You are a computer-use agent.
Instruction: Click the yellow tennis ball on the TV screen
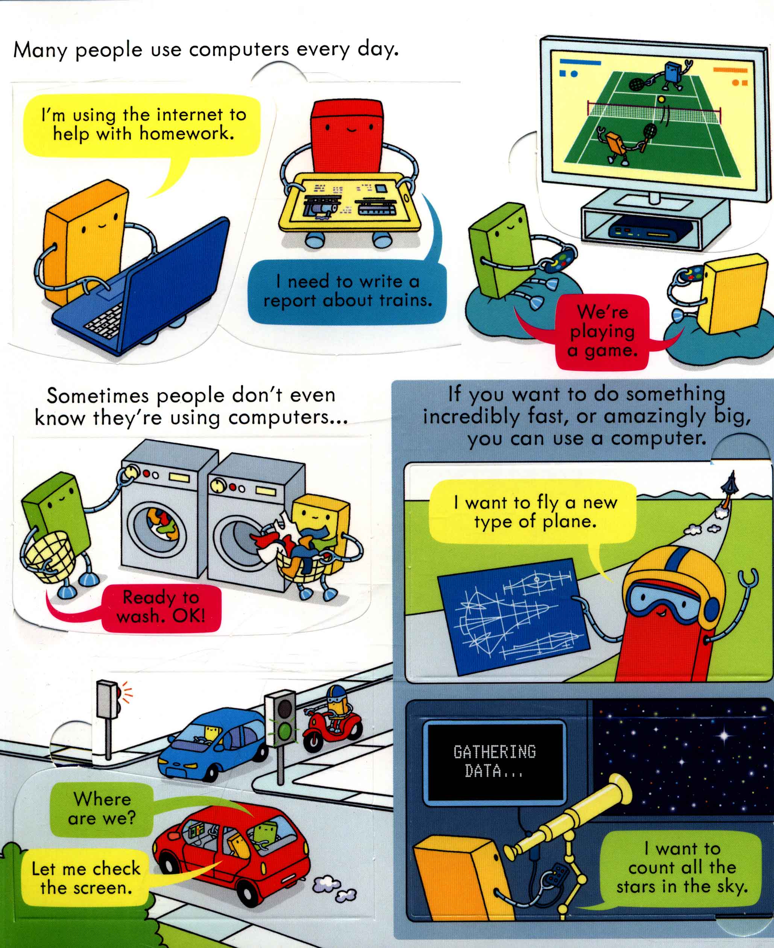click(662, 99)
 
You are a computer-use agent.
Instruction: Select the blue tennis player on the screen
click(671, 74)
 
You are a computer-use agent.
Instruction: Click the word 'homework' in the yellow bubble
click(187, 133)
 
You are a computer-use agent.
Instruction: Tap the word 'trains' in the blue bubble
click(405, 300)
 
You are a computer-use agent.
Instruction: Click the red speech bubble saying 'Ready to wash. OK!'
click(161, 607)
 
